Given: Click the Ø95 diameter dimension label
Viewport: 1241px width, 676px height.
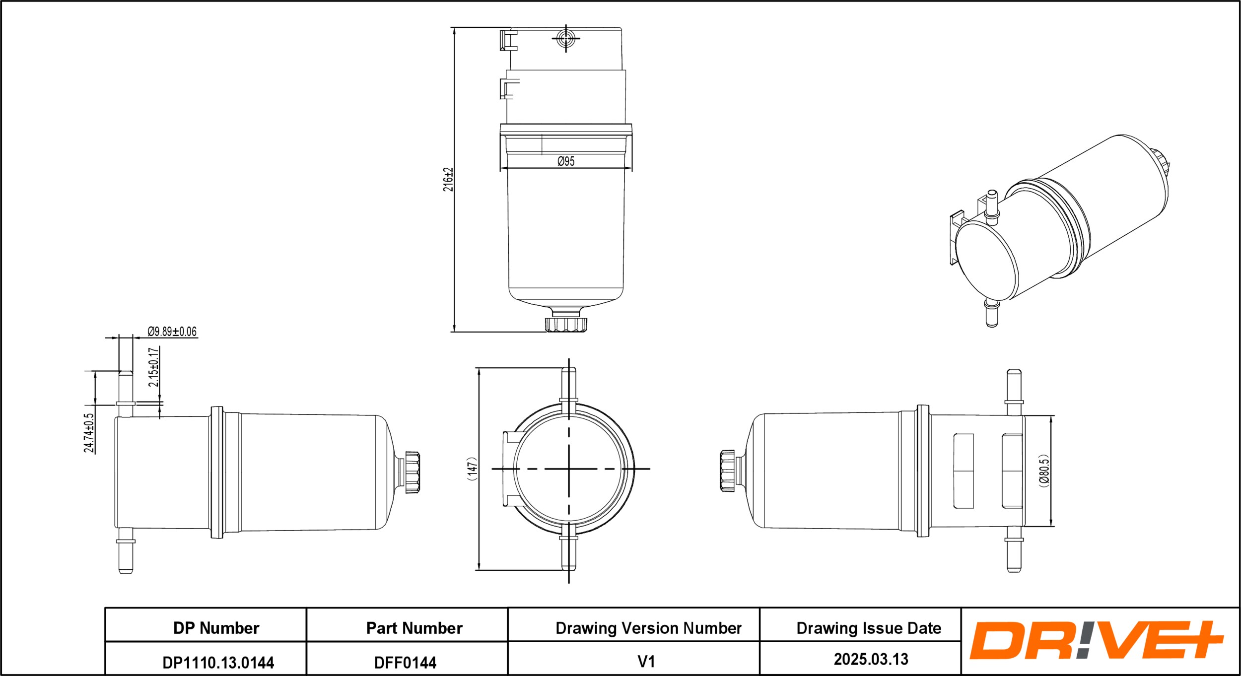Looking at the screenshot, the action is (566, 161).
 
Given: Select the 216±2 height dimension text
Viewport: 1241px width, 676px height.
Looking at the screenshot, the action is (448, 180).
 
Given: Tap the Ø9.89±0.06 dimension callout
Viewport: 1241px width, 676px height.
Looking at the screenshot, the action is (172, 331).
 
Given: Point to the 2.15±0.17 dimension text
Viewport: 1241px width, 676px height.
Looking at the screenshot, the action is (153, 367).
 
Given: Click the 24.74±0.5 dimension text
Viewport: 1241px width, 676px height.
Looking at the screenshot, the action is (89, 433).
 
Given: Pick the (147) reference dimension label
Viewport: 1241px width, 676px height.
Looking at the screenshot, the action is (472, 469).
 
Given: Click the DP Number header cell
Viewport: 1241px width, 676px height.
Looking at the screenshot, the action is (216, 628).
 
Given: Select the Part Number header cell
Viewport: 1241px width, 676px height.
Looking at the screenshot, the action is (414, 628).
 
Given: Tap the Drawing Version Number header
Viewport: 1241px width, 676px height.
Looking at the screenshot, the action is (648, 628).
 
